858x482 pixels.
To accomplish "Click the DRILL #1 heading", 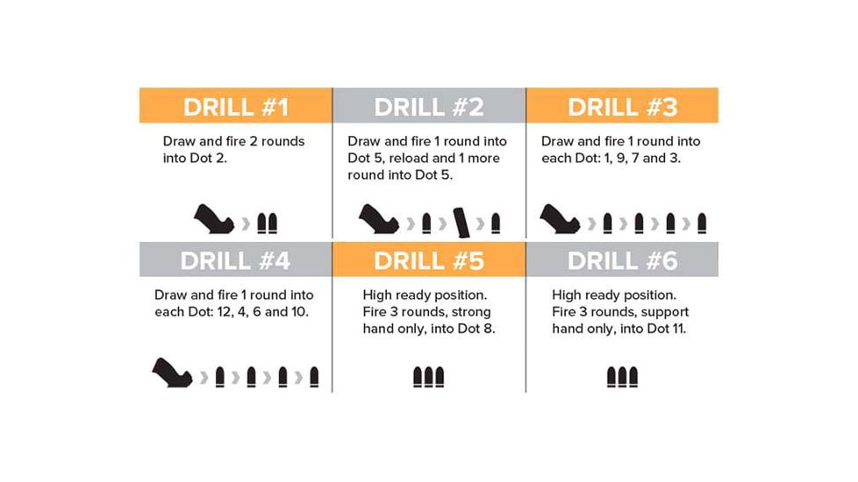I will (235, 107).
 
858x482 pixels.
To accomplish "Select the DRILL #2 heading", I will (429, 107).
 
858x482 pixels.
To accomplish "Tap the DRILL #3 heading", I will (622, 107).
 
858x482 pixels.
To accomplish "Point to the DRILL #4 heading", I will (235, 261).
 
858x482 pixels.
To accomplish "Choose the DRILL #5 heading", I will (429, 261).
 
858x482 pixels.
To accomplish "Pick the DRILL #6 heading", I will (622, 261).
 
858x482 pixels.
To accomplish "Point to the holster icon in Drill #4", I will (173, 373).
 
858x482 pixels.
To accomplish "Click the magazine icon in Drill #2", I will (461, 221).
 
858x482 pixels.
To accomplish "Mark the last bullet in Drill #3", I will (702, 223).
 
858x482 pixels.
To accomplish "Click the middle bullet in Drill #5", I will (429, 377).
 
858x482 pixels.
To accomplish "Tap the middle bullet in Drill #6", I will (622, 377).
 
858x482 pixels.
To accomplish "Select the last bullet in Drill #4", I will (314, 377).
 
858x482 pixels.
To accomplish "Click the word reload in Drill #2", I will (427, 158).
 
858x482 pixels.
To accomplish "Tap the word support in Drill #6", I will (664, 312).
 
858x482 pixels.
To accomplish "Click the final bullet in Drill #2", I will (496, 223).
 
